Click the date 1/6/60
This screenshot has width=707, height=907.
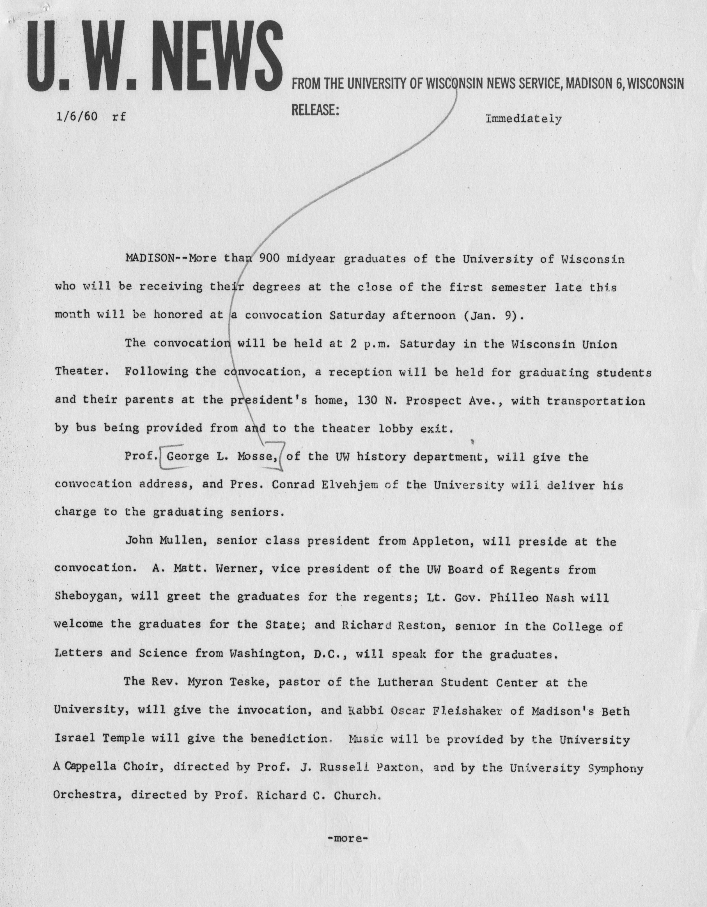77,117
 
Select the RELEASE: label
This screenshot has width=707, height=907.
316,110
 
